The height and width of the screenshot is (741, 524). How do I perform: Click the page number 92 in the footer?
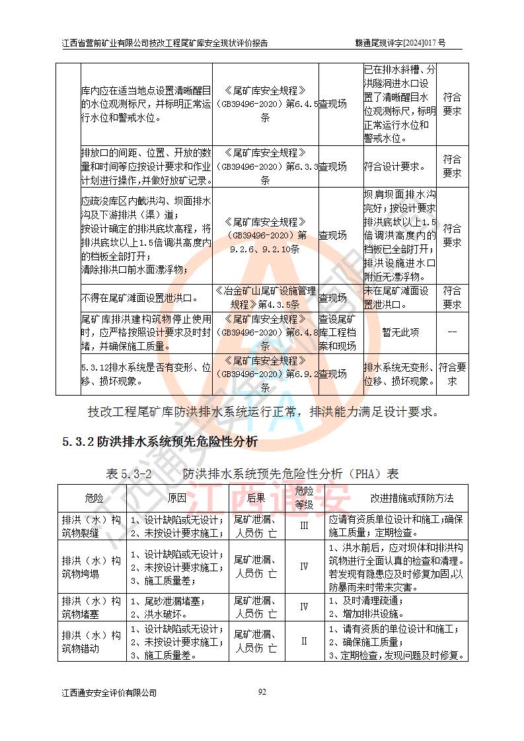point(262,691)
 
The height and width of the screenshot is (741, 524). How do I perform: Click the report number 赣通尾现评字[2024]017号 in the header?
point(400,44)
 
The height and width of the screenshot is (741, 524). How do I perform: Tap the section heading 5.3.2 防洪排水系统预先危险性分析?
point(160,442)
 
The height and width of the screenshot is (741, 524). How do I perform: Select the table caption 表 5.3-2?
point(130,474)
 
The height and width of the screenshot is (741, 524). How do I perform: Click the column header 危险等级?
point(304,497)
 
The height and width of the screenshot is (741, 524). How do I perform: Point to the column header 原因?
point(176,498)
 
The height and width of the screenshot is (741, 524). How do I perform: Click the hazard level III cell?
point(304,526)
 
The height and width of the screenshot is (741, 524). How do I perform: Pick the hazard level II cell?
point(304,641)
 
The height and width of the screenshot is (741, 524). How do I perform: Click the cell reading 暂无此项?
point(400,333)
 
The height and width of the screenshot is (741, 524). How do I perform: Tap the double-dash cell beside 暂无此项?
point(452,333)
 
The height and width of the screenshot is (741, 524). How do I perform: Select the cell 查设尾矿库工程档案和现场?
point(340,333)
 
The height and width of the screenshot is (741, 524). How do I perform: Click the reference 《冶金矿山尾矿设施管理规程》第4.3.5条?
point(265,298)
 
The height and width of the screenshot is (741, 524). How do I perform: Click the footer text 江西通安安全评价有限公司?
point(109,693)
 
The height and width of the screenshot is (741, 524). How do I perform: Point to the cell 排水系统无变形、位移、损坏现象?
point(398,374)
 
